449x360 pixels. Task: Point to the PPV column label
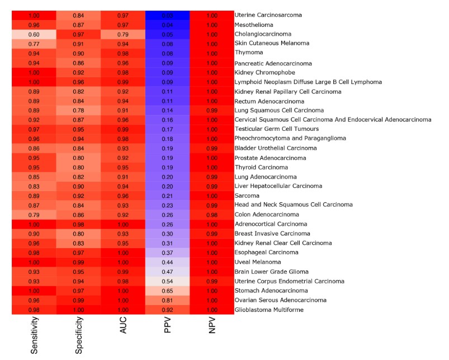(168, 330)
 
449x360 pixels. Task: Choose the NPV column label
(212, 330)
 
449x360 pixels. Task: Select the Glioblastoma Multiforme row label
(269, 310)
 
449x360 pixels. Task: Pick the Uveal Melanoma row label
(257, 262)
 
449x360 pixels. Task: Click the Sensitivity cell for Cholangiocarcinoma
(34, 34)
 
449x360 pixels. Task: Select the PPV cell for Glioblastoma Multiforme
(168, 310)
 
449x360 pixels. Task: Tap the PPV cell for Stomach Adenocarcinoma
(168, 291)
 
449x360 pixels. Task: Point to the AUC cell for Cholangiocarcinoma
(123, 34)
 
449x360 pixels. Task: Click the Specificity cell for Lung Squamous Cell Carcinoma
(79, 110)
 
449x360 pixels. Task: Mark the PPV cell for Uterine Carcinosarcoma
(168, 15)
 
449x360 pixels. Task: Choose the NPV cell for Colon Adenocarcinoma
(212, 215)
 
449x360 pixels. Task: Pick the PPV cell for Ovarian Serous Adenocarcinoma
(168, 300)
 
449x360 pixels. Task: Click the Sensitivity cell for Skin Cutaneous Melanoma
(34, 44)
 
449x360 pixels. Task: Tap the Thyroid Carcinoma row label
(261, 167)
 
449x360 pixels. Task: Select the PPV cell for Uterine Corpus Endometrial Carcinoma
(168, 281)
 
